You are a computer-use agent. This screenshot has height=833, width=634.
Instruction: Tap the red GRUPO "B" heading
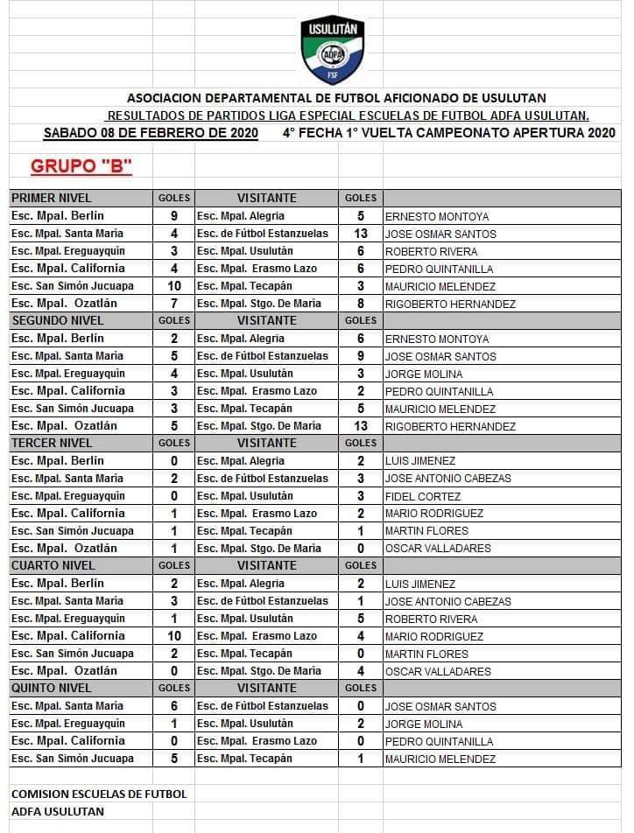coord(81,166)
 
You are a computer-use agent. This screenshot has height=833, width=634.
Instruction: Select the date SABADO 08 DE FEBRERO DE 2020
coord(151,133)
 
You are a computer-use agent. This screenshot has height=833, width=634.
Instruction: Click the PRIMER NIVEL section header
coord(52,198)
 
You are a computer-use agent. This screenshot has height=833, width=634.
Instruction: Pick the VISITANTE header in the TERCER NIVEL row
coord(266,443)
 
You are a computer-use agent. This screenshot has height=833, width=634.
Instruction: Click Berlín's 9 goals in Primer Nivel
coord(174,215)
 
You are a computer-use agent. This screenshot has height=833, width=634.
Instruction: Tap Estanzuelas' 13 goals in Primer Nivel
coord(361,234)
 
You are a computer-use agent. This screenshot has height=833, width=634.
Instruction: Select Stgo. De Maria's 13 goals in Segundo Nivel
coord(361,426)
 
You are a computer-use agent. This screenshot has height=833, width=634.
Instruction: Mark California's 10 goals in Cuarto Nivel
coord(174,636)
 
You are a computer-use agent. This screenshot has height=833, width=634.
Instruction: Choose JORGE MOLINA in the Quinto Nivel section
coord(425,724)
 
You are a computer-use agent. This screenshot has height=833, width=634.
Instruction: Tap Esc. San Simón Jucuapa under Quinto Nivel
coord(73,759)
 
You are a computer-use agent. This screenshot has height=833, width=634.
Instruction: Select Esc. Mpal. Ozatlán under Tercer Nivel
coord(64,549)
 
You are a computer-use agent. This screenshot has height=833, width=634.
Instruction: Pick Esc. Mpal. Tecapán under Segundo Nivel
coord(244,409)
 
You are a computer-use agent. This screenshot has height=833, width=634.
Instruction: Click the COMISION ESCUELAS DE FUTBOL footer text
coord(99,794)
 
